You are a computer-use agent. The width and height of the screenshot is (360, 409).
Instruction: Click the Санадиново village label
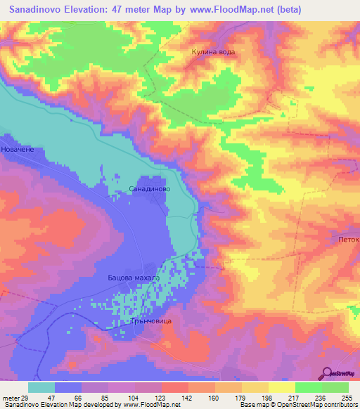pos(148,190)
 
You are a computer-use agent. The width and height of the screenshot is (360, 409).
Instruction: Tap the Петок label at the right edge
pos(348,240)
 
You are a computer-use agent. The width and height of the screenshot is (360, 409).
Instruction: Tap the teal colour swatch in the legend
pos(41,387)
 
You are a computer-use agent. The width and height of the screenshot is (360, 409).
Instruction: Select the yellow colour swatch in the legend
pos(281,387)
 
